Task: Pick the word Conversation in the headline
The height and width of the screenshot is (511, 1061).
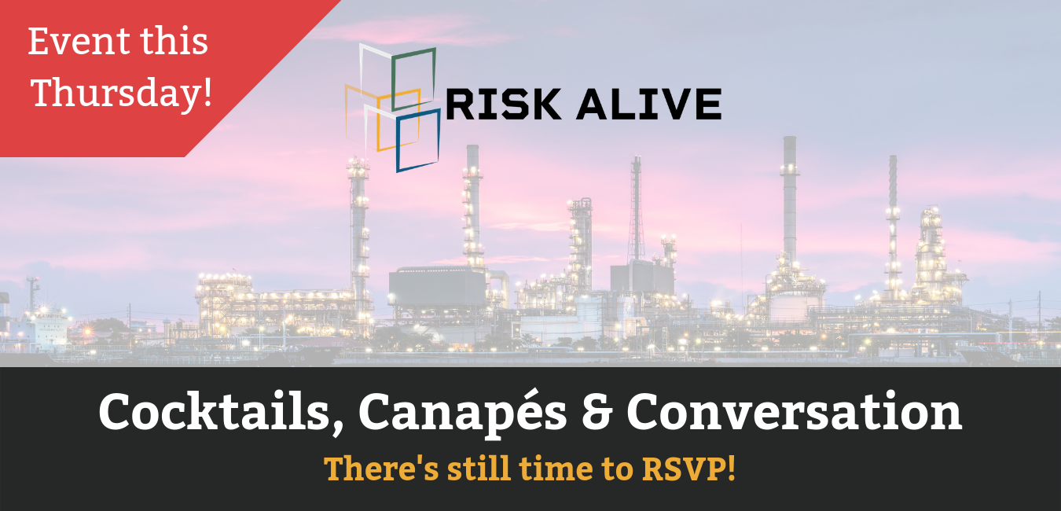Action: click(x=795, y=411)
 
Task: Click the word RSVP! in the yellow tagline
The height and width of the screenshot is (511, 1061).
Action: click(x=688, y=469)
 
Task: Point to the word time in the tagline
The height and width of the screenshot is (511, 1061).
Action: click(x=556, y=469)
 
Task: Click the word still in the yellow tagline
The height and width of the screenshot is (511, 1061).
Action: click(x=479, y=469)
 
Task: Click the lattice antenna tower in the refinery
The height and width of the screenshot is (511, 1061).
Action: click(x=636, y=208)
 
